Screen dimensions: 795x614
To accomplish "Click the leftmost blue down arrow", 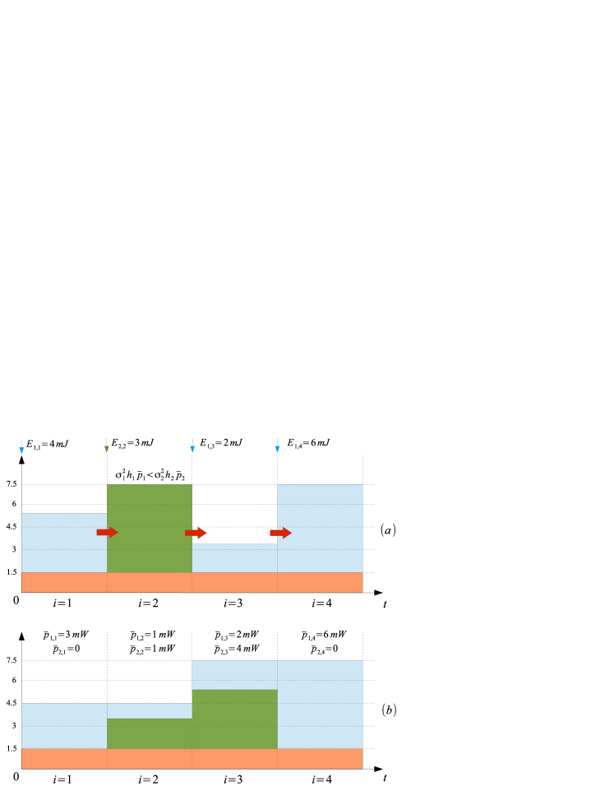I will pyautogui.click(x=21, y=447).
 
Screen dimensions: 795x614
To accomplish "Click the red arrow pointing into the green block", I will pyautogui.click(x=107, y=533).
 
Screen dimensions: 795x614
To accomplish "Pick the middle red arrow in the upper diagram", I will pyautogui.click(x=196, y=533).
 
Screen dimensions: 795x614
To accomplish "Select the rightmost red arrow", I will pyautogui.click(x=280, y=533).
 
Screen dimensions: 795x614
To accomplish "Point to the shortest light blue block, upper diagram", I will pyautogui.click(x=234, y=558).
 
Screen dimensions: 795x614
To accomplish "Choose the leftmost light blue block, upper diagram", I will pyautogui.click(x=64, y=543).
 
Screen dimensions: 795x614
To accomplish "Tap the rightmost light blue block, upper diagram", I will pyautogui.click(x=320, y=528).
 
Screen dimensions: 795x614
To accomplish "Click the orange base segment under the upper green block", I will pyautogui.click(x=150, y=582).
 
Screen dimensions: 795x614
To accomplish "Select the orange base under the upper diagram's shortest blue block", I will pyautogui.click(x=234, y=582).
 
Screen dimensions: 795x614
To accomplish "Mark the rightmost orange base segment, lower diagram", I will pyautogui.click(x=320, y=759).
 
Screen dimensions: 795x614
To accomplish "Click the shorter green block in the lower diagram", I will pyautogui.click(x=150, y=733).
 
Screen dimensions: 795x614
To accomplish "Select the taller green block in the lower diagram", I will pyautogui.click(x=234, y=719).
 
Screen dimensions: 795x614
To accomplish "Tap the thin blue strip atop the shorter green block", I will pyautogui.click(x=150, y=710).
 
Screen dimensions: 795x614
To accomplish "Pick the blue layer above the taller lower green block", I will pyautogui.click(x=234, y=675).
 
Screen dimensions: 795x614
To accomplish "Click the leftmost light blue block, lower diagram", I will pyautogui.click(x=64, y=726).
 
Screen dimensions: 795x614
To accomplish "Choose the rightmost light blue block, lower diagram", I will pyautogui.click(x=320, y=705).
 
